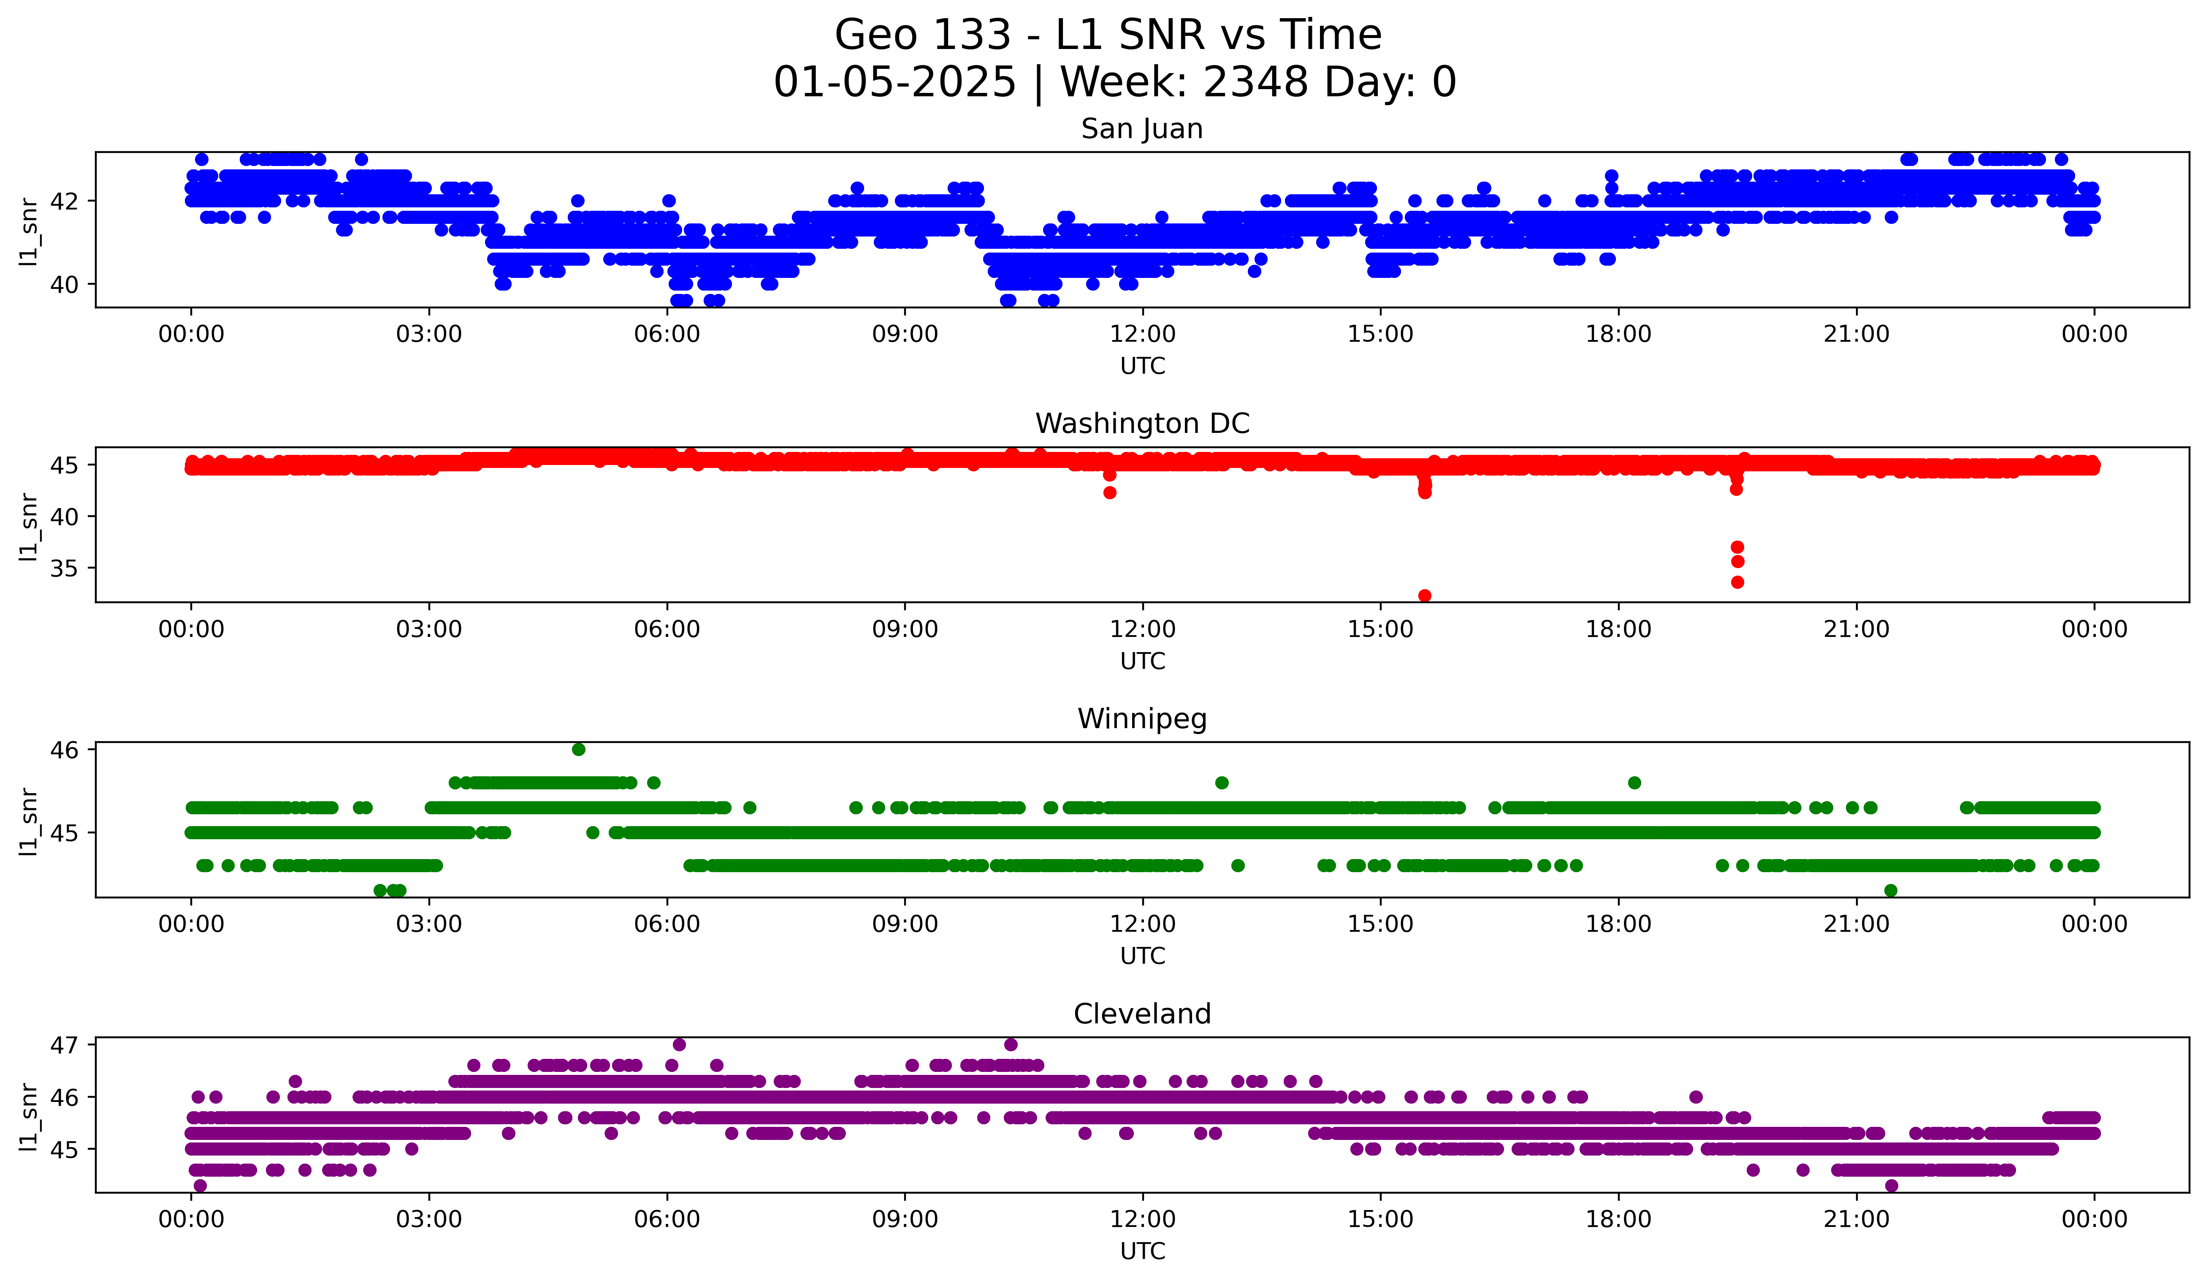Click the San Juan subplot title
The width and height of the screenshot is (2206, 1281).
[1141, 129]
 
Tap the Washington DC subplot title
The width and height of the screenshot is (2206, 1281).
[1141, 424]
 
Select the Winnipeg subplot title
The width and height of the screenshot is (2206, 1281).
[1141, 719]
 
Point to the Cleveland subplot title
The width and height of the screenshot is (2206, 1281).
[1141, 1014]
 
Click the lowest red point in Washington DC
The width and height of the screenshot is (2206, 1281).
[1424, 596]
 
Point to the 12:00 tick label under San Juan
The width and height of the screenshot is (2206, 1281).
[1142, 335]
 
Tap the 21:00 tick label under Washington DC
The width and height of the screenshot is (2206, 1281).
[1856, 630]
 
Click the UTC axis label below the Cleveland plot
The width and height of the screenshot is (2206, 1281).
[1142, 1251]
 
